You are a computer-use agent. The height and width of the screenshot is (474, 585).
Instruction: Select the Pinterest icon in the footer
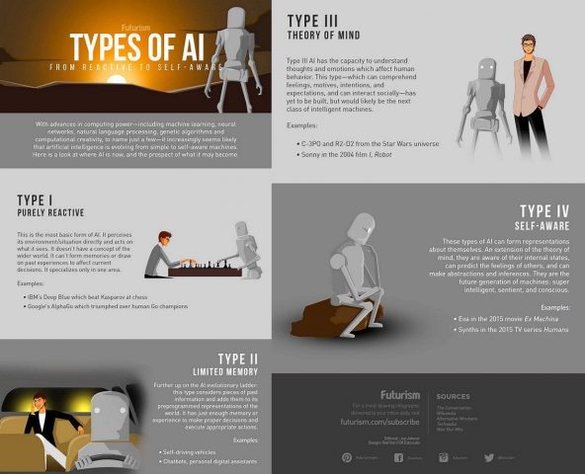[x=347, y=457]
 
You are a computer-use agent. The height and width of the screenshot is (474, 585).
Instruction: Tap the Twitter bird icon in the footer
[x=490, y=457]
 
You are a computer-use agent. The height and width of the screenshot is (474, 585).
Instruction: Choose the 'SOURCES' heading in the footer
[x=453, y=396]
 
